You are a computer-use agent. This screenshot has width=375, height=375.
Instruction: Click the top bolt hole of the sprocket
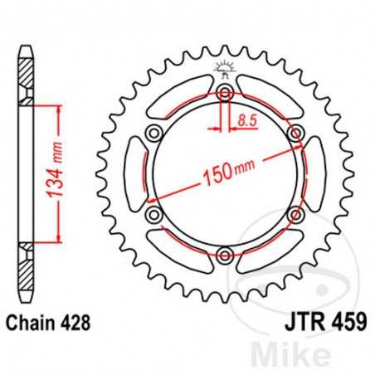(x=225, y=95)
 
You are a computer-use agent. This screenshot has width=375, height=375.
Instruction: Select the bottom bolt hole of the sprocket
(x=225, y=255)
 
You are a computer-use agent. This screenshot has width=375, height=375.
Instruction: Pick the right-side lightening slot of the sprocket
(x=318, y=175)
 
